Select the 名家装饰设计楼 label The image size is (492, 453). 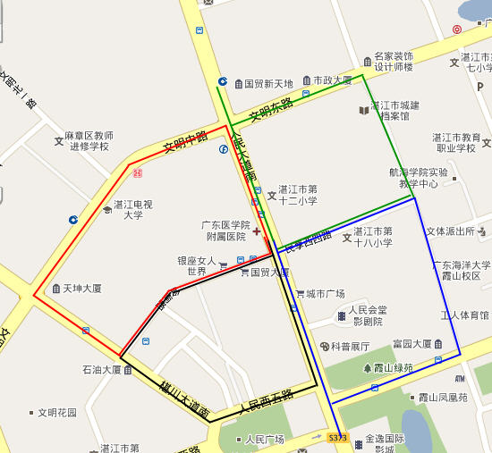click(394, 61)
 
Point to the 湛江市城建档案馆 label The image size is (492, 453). click(394, 110)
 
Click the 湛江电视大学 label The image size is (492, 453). click(131, 209)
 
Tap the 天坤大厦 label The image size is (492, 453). click(81, 289)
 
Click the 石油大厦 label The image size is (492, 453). click(102, 369)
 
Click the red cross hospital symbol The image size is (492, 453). click(256, 231)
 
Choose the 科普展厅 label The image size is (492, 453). click(350, 346)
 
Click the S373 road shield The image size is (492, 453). click(336, 438)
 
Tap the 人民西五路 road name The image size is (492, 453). click(266, 403)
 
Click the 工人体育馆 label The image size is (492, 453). click(465, 315)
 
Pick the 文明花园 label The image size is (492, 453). click(57, 413)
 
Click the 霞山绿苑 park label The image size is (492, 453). click(394, 367)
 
